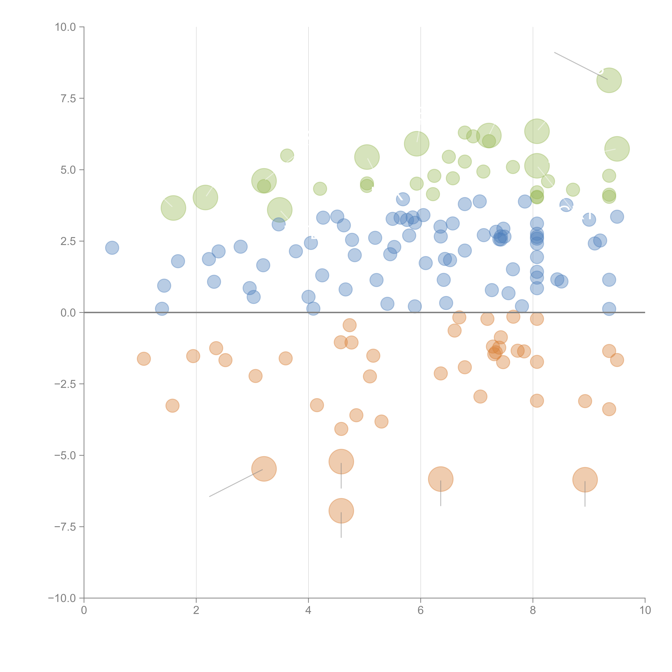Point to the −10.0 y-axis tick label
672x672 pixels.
pyautogui.click(x=62, y=598)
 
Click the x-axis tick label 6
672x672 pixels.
pyautogui.click(x=421, y=610)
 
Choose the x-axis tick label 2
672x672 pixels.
pyautogui.click(x=196, y=610)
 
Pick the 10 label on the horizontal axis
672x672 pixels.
pyautogui.click(x=645, y=610)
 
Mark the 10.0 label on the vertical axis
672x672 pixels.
pyautogui.click(x=65, y=27)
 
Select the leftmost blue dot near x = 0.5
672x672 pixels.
pyautogui.click(x=112, y=248)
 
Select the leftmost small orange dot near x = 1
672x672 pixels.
pyautogui.click(x=144, y=359)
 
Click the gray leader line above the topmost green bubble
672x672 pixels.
pyautogui.click(x=577, y=64)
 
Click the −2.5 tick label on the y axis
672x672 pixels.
pyautogui.click(x=65, y=384)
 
